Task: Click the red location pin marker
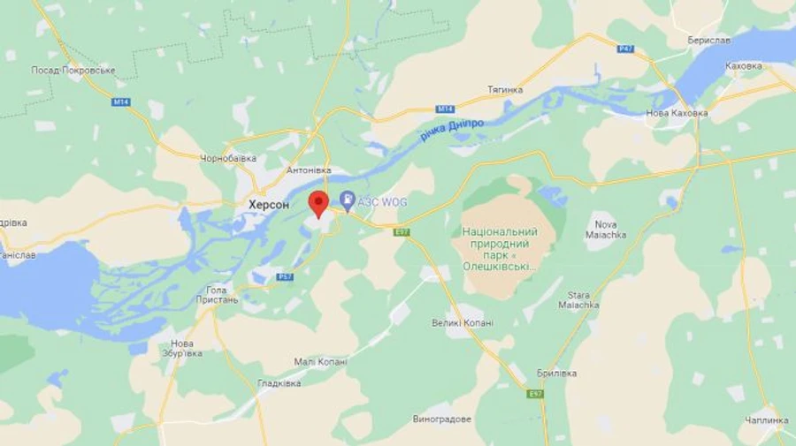(x=318, y=203)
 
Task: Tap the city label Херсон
(x=269, y=204)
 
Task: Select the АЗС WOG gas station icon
(x=348, y=202)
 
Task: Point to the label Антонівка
(x=309, y=170)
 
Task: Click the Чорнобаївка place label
(x=228, y=159)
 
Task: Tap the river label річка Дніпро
(x=452, y=130)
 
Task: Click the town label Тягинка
(x=505, y=90)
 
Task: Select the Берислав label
(x=709, y=41)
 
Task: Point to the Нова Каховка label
(x=677, y=113)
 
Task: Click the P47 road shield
(x=626, y=49)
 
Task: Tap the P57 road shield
(x=285, y=277)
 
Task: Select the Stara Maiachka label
(x=579, y=299)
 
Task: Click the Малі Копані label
(x=320, y=362)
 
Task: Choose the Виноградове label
(x=442, y=419)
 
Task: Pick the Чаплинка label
(x=766, y=420)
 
